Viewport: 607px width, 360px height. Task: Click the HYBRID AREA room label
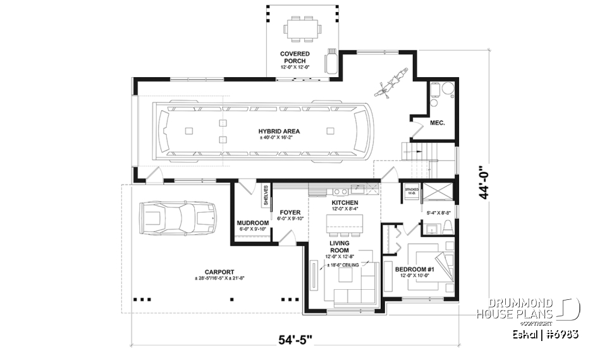pos(279,132)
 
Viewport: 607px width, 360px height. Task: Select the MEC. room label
pos(438,123)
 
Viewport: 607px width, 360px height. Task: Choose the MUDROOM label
pos(252,223)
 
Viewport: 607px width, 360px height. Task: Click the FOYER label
pos(290,213)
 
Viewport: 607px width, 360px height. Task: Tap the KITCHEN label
pos(345,202)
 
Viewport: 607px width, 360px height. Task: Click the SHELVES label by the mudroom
pos(266,196)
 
